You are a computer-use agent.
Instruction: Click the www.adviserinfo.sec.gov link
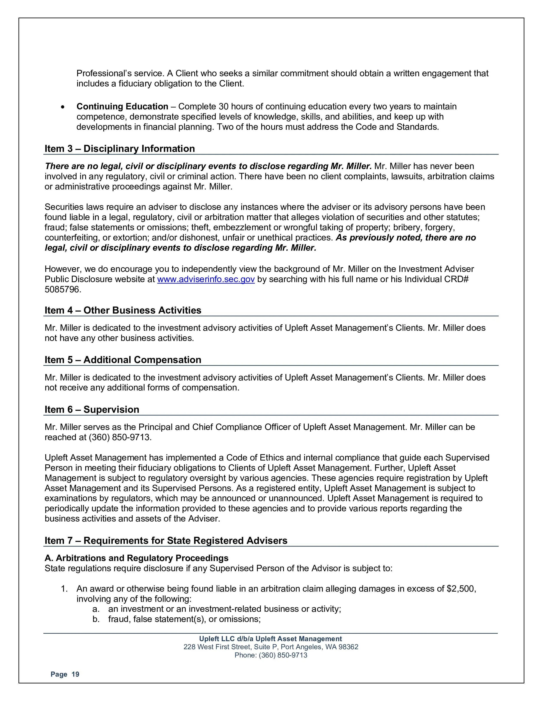click(x=206, y=279)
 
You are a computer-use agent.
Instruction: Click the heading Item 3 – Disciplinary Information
click(x=120, y=149)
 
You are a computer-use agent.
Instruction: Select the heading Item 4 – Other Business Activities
click(x=123, y=310)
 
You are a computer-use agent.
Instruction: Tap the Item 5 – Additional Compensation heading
click(x=123, y=360)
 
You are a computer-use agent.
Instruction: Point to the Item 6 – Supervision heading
click(x=92, y=410)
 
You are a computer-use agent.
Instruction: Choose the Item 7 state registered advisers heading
click(x=166, y=540)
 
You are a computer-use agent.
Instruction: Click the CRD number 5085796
click(x=63, y=290)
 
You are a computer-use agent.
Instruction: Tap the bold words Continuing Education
click(x=122, y=107)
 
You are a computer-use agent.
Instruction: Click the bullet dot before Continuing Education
click(x=63, y=107)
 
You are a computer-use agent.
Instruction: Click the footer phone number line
click(x=271, y=655)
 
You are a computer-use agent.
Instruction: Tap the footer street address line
click(x=271, y=647)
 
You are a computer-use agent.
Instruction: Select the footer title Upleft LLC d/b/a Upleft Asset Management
click(x=271, y=639)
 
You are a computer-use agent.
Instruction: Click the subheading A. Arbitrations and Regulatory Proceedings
click(x=136, y=558)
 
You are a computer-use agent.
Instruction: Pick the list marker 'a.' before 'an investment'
click(x=96, y=609)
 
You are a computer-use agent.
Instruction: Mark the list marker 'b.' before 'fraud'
click(x=96, y=619)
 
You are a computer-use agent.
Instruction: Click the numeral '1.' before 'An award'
click(x=65, y=589)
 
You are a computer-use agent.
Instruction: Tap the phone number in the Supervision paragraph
click(x=119, y=438)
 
